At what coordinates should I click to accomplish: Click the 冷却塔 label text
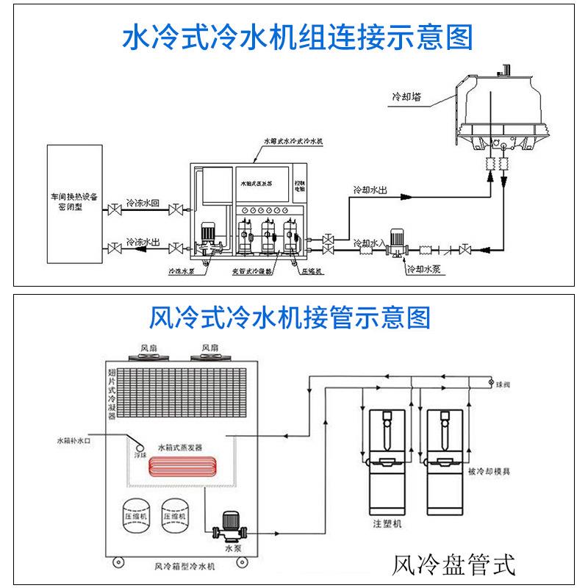(406, 96)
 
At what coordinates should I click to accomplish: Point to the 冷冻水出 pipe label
(143, 241)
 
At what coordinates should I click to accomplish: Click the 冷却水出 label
(370, 190)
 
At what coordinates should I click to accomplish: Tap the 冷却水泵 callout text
(424, 269)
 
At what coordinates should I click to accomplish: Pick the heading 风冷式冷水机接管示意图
(290, 318)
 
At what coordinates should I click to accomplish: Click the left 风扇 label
(150, 347)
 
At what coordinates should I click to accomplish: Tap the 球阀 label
(502, 384)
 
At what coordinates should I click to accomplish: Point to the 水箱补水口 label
(71, 442)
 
